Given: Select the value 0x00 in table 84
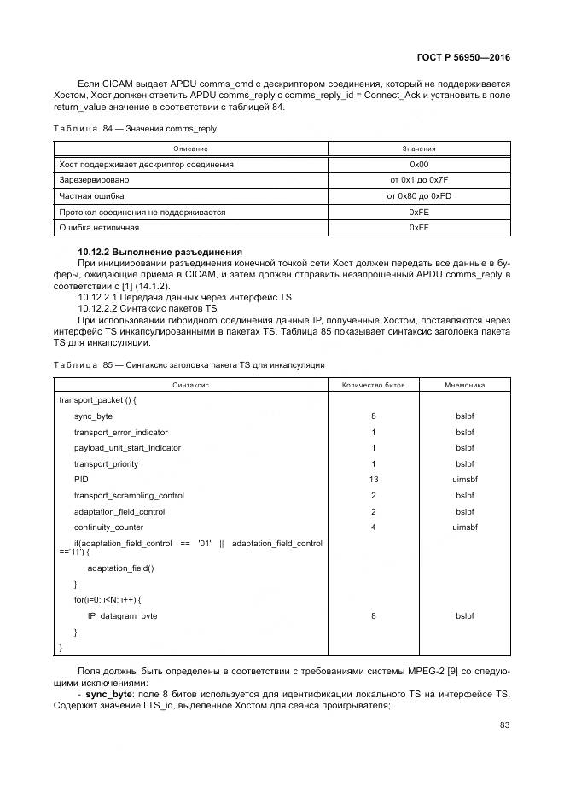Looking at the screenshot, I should pyautogui.click(x=418, y=164).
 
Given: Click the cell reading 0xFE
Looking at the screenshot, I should pyautogui.click(x=418, y=212).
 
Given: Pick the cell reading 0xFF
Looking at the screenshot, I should pyautogui.click(x=418, y=228).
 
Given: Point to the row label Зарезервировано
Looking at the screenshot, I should pyautogui.click(x=94, y=180).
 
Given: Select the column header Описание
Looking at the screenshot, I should pyautogui.click(x=190, y=149).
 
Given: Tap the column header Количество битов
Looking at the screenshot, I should pyautogui.click(x=373, y=385).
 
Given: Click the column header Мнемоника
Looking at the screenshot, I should pyautogui.click(x=465, y=385).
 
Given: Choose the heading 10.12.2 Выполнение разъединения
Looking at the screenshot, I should pyautogui.click(x=160, y=252).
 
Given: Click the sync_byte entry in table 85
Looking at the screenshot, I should pyautogui.click(x=93, y=416).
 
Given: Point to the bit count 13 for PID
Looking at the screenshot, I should pyautogui.click(x=373, y=480).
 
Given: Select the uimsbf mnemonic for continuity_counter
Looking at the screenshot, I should pyautogui.click(x=465, y=527).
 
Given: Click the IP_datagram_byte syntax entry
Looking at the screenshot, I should pyautogui.click(x=122, y=615).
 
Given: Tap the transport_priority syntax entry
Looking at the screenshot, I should pyautogui.click(x=106, y=464).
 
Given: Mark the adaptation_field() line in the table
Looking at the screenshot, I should pyautogui.click(x=120, y=568).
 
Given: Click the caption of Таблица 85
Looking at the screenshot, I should pyautogui.click(x=189, y=364).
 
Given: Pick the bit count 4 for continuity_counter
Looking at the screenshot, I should pyautogui.click(x=373, y=527).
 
